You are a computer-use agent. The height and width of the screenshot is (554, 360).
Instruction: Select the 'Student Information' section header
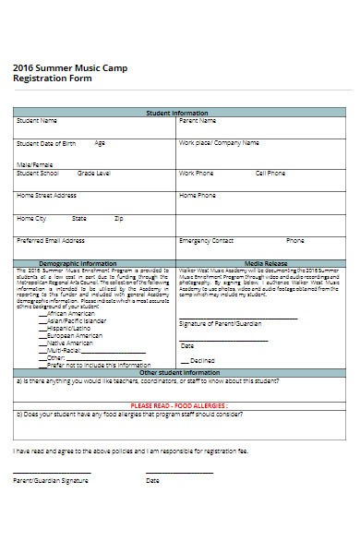point(177,113)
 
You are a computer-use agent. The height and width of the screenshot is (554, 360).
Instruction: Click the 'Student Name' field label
point(37,121)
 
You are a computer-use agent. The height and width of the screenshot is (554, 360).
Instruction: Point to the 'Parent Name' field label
point(198,121)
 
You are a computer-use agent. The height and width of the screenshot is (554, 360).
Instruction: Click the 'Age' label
point(100,143)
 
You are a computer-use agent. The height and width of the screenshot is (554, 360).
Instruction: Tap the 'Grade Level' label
point(94,173)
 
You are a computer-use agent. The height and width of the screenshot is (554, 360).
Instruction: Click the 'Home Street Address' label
point(46,196)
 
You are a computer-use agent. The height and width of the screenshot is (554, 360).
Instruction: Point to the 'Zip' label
point(118,219)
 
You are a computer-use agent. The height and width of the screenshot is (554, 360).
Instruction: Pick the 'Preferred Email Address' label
point(51,241)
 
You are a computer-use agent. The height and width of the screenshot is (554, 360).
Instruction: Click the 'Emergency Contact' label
point(206,241)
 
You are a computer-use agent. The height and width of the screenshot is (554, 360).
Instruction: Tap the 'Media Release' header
point(264,262)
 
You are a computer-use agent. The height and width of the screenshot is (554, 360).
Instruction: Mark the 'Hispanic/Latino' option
point(66,329)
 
